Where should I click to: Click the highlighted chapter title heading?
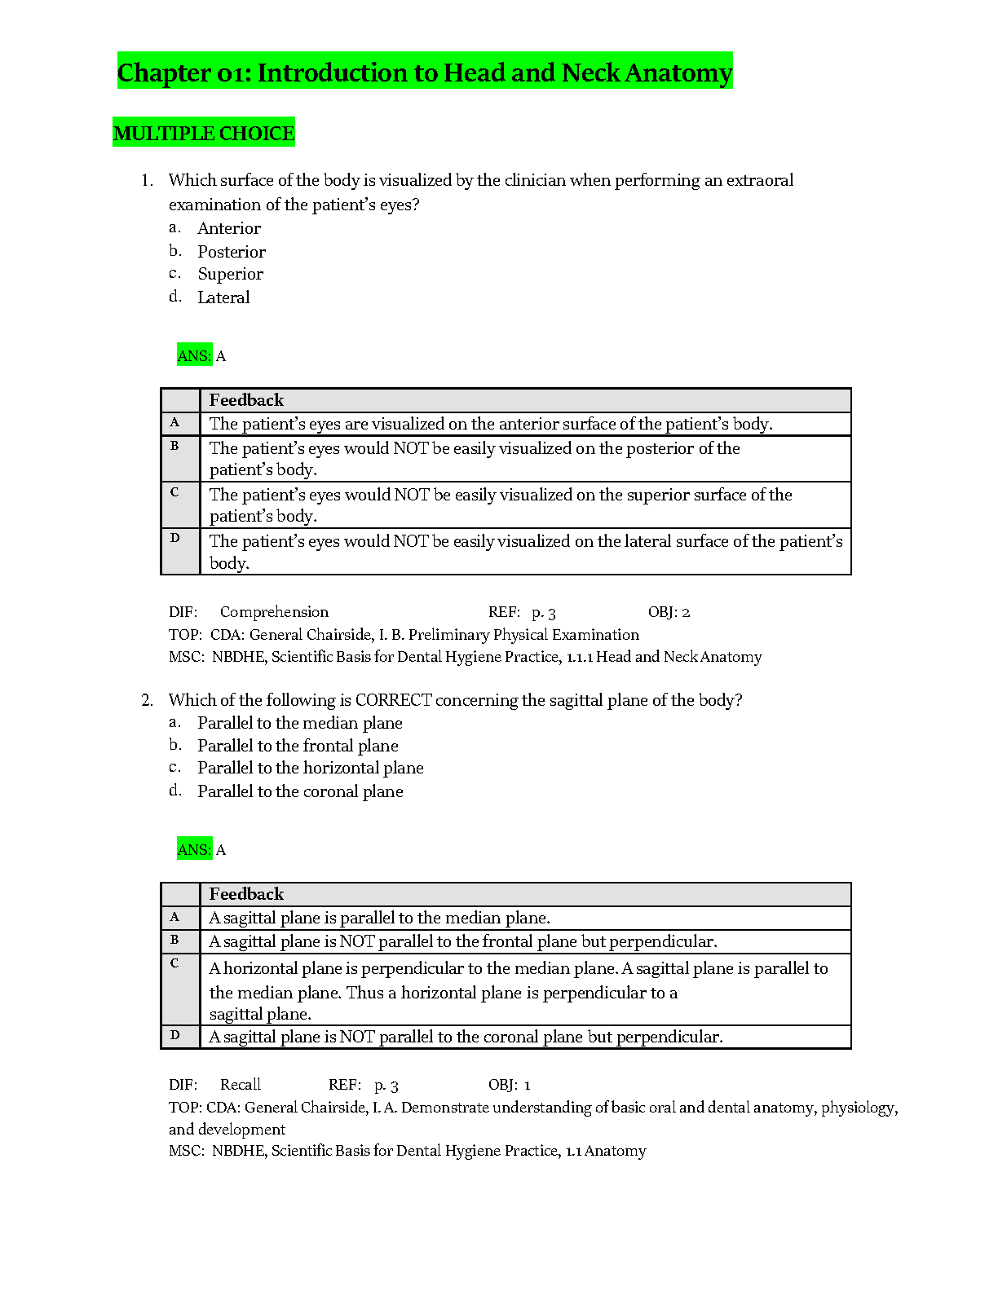(x=425, y=73)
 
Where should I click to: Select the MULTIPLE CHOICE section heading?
(x=204, y=133)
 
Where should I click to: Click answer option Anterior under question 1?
(x=229, y=228)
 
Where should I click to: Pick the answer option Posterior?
(x=232, y=252)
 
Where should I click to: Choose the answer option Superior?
(x=231, y=274)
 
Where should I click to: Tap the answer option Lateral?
(x=223, y=297)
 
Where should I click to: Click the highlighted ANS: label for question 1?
(x=194, y=355)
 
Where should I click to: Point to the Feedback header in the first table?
(x=246, y=400)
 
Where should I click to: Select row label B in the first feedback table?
(x=174, y=446)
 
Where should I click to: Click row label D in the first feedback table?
(x=174, y=538)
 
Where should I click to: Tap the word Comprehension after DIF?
(x=274, y=612)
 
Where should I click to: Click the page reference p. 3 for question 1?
(x=544, y=612)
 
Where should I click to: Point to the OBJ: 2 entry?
(x=669, y=612)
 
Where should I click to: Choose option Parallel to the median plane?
(x=300, y=723)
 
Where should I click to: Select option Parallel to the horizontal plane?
(x=311, y=768)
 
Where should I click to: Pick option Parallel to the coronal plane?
(x=300, y=791)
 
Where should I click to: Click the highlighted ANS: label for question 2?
(x=194, y=849)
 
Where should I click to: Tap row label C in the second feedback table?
(x=174, y=963)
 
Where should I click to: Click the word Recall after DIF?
(x=241, y=1085)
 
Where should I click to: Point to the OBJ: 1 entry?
(x=510, y=1085)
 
